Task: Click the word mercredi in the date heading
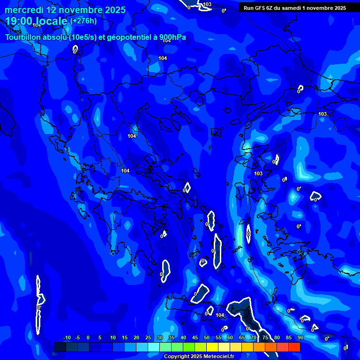pos(24,10)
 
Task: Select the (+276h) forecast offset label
pos(83,21)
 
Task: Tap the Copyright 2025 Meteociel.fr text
pos(198,357)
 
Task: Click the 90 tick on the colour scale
pos(300,337)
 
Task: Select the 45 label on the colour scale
pos(195,337)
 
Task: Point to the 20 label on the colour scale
pos(136,337)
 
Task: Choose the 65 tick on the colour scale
pos(241,337)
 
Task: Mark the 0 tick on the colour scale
pos(88,337)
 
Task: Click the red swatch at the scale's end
pos(294,347)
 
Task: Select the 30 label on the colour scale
pos(159,337)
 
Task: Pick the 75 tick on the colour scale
pos(265,337)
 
